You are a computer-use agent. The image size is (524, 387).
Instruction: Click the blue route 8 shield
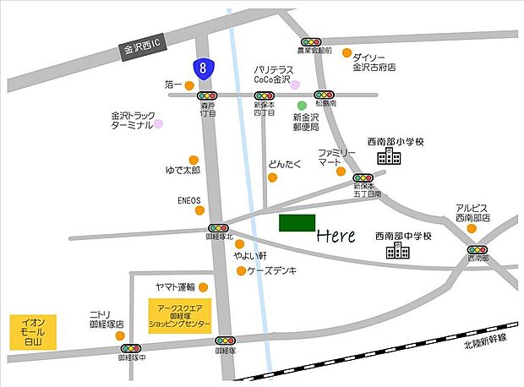(x=202, y=68)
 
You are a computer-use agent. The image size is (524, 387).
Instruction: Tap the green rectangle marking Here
(x=295, y=223)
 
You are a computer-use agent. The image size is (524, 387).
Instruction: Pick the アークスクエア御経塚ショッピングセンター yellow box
(x=179, y=315)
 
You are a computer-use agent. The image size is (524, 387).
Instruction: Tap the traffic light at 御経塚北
(x=218, y=228)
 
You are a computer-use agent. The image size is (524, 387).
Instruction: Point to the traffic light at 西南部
(x=478, y=250)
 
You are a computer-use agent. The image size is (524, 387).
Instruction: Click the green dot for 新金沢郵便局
(x=302, y=106)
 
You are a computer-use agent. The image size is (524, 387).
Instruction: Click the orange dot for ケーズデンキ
(x=241, y=271)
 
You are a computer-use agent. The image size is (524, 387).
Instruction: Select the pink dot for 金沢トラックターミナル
(x=158, y=123)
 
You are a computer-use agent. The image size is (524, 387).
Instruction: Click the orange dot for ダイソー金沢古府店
(x=347, y=52)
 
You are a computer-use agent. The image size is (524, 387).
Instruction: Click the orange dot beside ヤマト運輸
(x=203, y=286)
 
